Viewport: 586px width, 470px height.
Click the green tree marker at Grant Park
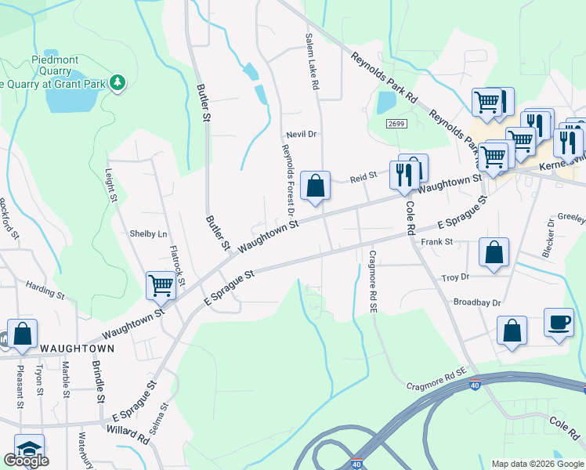coord(118,81)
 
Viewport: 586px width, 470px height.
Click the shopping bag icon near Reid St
coord(315,186)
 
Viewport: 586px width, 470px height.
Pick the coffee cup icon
coord(559,322)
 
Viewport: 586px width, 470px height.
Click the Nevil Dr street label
coord(301,134)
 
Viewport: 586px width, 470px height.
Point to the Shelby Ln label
coord(149,233)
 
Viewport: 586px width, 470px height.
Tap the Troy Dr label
coord(455,277)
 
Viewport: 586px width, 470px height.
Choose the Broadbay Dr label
coord(476,302)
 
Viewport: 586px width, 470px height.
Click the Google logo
coord(26,460)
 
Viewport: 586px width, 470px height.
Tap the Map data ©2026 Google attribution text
coord(537,464)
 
